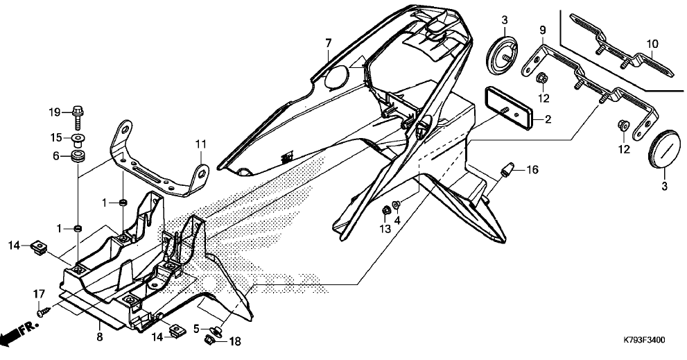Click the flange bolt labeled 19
pyautogui.click(x=78, y=114)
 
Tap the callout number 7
pyautogui.click(x=329, y=44)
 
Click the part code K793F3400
pyautogui.click(x=644, y=341)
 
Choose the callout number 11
pyautogui.click(x=200, y=144)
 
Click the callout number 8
pyautogui.click(x=99, y=337)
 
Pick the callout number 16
pyautogui.click(x=532, y=169)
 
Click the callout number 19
pyautogui.click(x=55, y=112)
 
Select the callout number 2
pyautogui.click(x=548, y=120)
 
